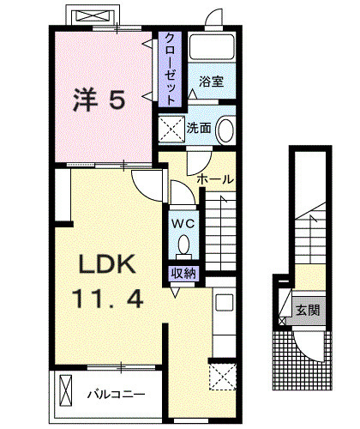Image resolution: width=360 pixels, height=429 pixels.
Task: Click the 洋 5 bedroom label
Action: [99, 100]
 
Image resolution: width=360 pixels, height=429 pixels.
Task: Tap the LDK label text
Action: [107, 264]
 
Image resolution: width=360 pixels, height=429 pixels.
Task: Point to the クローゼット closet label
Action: [171, 69]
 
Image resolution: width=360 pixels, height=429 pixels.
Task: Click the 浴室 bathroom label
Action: [212, 82]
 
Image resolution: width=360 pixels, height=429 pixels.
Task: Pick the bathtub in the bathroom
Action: [212, 47]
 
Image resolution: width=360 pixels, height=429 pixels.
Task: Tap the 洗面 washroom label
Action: [199, 128]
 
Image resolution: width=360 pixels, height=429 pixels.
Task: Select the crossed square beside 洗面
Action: [172, 129]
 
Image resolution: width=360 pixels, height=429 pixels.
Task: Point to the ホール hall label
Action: [215, 179]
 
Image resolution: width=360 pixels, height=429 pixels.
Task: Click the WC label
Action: [183, 223]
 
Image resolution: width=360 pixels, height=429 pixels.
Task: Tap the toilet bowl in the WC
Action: [183, 245]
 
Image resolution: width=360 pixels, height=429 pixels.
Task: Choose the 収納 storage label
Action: [183, 274]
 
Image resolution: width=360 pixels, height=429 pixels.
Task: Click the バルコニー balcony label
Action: [116, 395]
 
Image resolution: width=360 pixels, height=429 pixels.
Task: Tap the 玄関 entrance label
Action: [308, 310]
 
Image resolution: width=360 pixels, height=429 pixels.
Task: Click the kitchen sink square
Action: [225, 303]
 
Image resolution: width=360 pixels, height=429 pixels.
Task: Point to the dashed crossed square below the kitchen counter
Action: [223, 377]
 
